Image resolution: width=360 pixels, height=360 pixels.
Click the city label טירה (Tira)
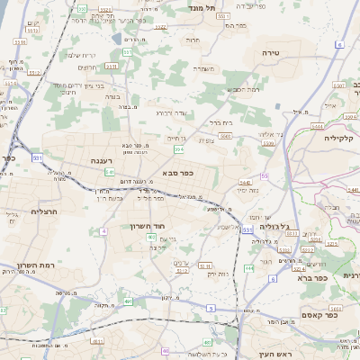pos(271,54)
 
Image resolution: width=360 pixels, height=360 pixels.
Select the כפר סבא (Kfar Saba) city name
pos(177,172)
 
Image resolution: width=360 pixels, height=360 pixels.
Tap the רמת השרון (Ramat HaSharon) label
pos(36,265)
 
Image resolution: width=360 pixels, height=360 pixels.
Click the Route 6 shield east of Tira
pos(339,43)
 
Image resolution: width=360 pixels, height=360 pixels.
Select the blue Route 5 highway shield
pos(211,308)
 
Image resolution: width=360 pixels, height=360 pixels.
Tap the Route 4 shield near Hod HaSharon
pos(103,231)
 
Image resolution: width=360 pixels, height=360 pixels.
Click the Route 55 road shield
pos(265,176)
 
